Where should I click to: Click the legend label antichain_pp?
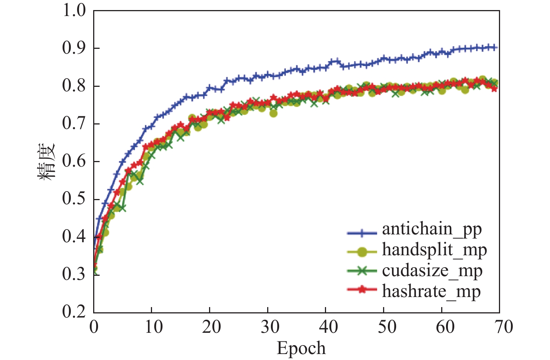coord(432,229)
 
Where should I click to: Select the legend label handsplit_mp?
coord(434,250)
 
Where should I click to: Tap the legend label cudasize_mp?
coord(432,271)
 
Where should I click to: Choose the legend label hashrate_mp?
coord(431,291)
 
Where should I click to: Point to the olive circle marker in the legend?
coord(361,252)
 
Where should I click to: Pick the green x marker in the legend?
coord(361,271)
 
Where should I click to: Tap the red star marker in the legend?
coord(361,290)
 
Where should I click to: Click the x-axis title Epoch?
coord(301,348)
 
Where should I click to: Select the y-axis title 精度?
coord(47,162)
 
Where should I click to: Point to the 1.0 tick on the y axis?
coord(74,10)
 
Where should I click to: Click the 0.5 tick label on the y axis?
coord(74,199)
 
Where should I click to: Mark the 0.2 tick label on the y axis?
coord(74,312)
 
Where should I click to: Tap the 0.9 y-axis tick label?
coord(74,48)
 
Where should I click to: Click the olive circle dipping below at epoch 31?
coord(274,113)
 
